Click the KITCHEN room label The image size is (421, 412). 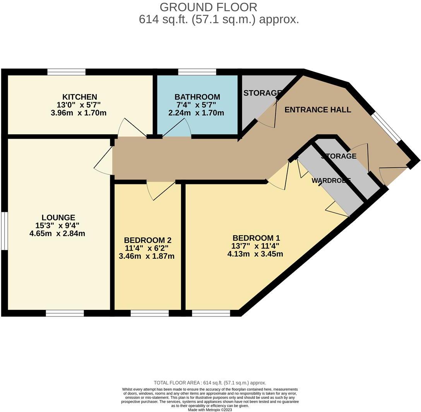click(x=80, y=97)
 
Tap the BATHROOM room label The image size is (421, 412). click(x=197, y=97)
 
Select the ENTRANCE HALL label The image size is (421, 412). click(x=318, y=110)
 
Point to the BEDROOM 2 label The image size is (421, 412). click(x=147, y=240)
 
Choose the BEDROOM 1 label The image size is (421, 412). click(x=256, y=238)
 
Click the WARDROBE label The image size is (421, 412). click(x=331, y=180)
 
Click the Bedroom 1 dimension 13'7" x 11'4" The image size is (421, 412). click(x=256, y=246)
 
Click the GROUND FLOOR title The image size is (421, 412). click(x=208, y=7)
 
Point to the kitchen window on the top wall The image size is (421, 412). click(x=66, y=72)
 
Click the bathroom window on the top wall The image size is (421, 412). click(x=197, y=72)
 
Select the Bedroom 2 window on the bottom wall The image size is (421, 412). click(x=149, y=313)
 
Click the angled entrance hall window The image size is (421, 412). click(x=387, y=127)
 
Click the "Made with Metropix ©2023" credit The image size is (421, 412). click(x=210, y=410)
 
